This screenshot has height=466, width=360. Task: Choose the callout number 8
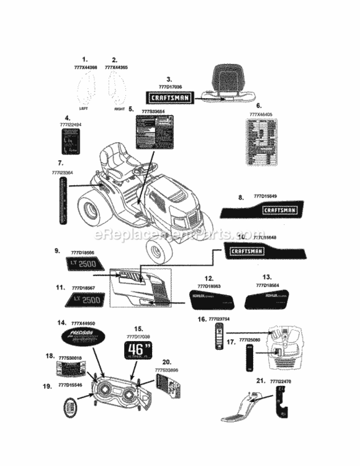point(240,197)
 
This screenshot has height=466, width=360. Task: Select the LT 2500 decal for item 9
point(83,263)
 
